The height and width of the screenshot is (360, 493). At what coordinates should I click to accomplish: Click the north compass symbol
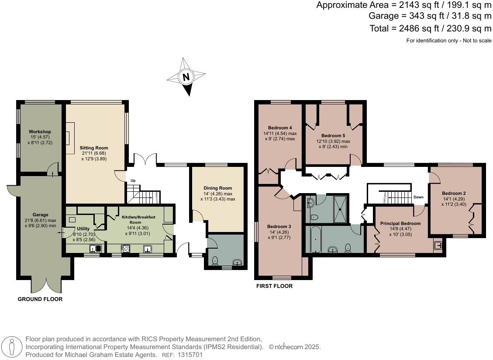[186, 77]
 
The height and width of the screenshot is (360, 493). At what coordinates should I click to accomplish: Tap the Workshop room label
[40, 132]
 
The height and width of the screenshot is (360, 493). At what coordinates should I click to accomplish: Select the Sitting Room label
[93, 148]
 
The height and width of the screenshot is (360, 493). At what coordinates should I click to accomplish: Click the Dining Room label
[218, 188]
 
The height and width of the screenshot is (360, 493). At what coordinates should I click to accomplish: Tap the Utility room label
[83, 228]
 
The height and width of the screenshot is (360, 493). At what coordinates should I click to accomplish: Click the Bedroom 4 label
[280, 128]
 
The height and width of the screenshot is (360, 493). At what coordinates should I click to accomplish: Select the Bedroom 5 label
[333, 135]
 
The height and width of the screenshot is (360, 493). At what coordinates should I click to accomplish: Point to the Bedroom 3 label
[279, 226]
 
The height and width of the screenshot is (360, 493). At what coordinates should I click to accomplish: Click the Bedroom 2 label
[454, 193]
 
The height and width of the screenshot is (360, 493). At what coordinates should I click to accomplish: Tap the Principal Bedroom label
[400, 223]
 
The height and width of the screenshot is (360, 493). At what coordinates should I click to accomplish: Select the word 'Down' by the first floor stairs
[418, 197]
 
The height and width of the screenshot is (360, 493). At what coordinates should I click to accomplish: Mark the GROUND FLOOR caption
[40, 299]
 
